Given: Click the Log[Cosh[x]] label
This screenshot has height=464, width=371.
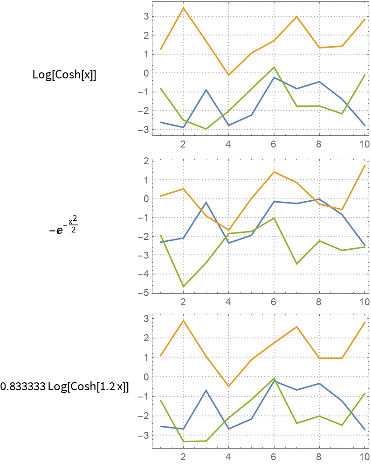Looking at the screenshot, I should click(64, 75).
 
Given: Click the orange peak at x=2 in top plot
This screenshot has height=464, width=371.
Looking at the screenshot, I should click(183, 8).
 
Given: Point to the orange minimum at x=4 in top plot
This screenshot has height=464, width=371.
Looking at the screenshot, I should click(228, 75).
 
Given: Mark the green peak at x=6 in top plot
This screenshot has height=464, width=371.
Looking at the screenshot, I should click(274, 67).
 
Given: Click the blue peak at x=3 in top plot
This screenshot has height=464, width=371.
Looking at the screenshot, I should click(206, 90).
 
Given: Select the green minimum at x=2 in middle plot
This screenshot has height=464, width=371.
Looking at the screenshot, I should click(183, 287).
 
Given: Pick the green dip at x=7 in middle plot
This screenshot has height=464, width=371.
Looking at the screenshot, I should click(296, 264).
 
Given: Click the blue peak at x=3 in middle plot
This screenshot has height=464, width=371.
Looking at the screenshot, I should click(206, 202).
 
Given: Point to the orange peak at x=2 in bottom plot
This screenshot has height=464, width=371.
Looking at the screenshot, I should click(183, 320).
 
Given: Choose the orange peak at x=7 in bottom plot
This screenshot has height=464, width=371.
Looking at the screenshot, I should click(296, 327).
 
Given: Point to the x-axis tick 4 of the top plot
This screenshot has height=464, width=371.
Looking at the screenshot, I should click(228, 144).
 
